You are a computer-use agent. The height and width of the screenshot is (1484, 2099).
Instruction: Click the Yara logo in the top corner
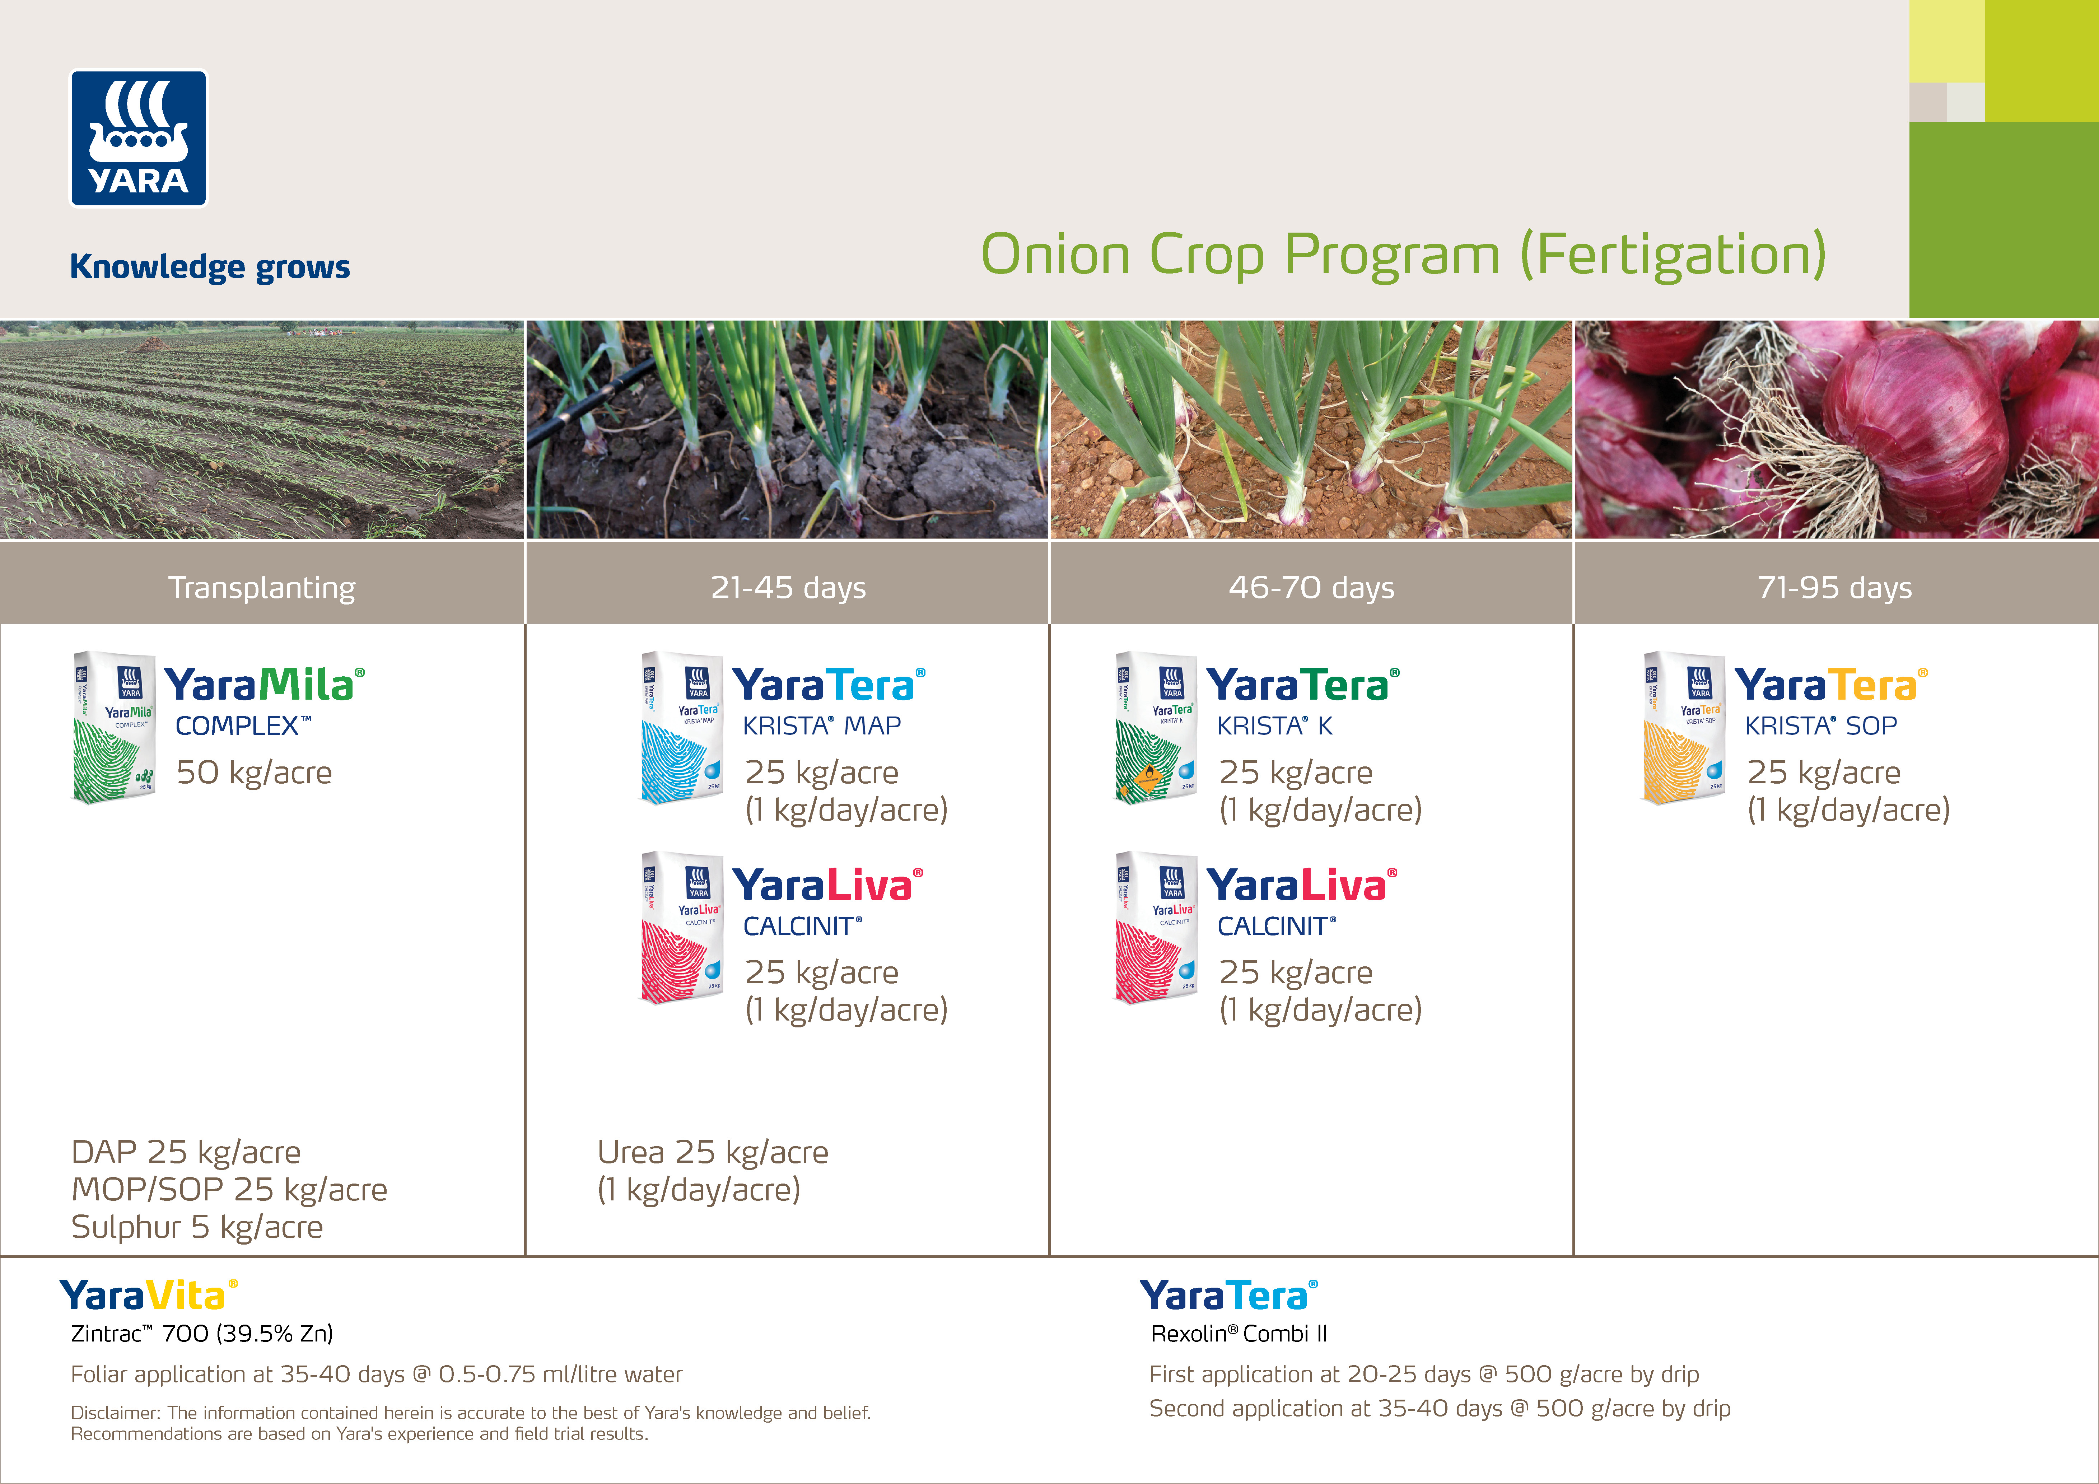(139, 139)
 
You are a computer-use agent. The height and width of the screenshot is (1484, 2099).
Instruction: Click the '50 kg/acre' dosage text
(254, 773)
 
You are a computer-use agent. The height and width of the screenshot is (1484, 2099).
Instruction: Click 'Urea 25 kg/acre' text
(713, 1152)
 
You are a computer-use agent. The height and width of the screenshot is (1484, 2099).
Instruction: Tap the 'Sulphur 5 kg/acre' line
(197, 1227)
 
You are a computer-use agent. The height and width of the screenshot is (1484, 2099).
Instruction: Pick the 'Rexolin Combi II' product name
(1239, 1334)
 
